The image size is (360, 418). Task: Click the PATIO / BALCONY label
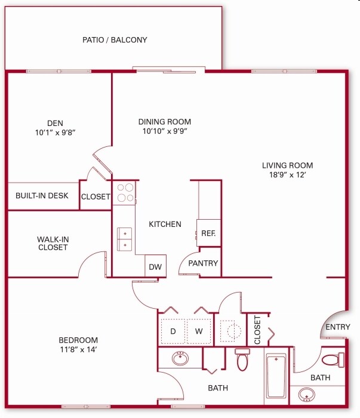[115, 40]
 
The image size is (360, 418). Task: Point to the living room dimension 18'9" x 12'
[287, 176]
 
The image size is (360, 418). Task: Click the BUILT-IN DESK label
[42, 196]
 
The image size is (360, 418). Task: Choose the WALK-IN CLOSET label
[53, 244]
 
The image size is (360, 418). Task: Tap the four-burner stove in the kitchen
[125, 192]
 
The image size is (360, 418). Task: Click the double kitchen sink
[125, 238]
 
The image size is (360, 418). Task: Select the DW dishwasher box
[155, 267]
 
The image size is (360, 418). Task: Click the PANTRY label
[204, 263]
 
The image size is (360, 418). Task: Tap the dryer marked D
[173, 331]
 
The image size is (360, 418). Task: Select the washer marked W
[199, 331]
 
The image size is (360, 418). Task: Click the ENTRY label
[337, 327]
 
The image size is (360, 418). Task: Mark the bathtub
[276, 376]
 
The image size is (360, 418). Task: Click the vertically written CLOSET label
[258, 330]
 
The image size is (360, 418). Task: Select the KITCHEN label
[165, 225]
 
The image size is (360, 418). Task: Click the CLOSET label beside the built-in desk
[96, 197]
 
